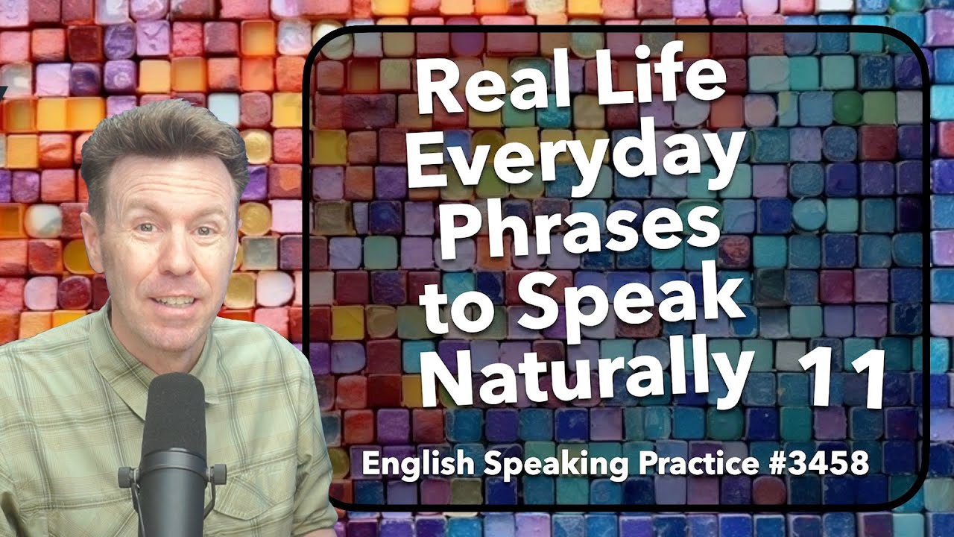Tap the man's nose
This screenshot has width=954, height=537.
pos(173,254)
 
